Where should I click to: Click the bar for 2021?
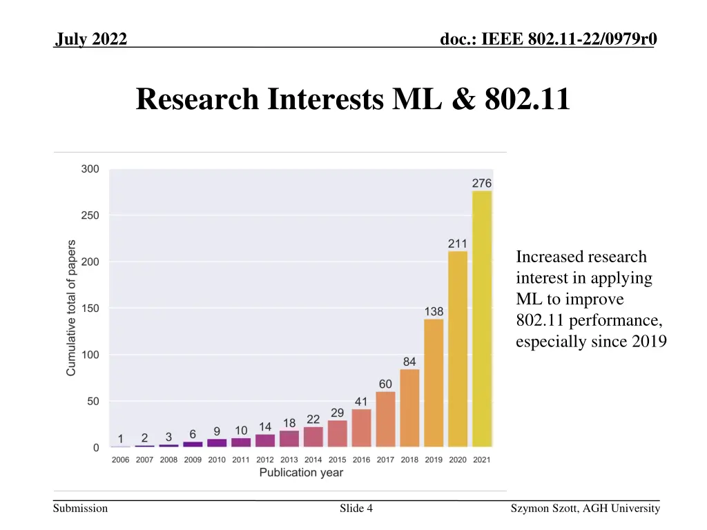click(x=482, y=319)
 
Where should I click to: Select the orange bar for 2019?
click(x=434, y=383)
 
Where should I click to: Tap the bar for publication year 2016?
click(x=361, y=428)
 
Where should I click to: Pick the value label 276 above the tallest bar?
click(x=482, y=183)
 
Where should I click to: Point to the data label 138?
click(x=434, y=311)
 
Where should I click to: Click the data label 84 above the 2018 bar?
click(x=409, y=362)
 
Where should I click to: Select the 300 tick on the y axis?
click(x=91, y=169)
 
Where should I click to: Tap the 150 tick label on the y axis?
click(x=91, y=308)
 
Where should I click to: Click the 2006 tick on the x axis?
click(x=121, y=460)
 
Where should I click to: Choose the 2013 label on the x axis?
click(x=289, y=460)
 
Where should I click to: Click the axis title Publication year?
click(x=301, y=473)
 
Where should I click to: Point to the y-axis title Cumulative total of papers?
click(x=71, y=308)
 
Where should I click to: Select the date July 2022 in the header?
click(x=91, y=40)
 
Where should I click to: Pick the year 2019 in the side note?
click(x=649, y=342)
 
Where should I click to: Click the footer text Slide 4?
click(x=356, y=509)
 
